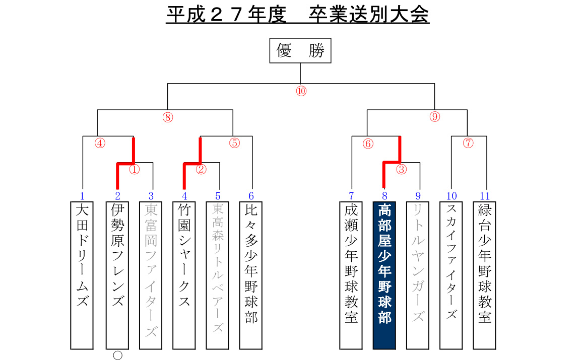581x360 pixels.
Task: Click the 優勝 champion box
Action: [300, 50]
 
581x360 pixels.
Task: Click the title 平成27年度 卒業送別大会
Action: [297, 15]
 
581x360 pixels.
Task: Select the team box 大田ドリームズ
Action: [82, 275]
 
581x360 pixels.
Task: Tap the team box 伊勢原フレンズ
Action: [117, 275]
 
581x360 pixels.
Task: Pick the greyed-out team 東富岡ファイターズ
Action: [151, 275]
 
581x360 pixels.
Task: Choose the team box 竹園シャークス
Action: [184, 275]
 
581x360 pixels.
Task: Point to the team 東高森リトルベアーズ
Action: [217, 275]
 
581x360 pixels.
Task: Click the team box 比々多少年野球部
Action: [250, 275]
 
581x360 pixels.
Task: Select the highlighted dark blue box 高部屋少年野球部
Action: [384, 275]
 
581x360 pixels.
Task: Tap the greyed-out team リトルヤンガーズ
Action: [418, 275]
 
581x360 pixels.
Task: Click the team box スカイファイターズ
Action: [451, 275]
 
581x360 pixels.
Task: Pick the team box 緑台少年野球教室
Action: [484, 275]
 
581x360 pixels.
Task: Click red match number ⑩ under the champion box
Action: [301, 91]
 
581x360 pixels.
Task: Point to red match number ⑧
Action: [168, 117]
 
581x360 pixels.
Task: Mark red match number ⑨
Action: [435, 117]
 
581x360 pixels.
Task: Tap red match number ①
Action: [134, 169]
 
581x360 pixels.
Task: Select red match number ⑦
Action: [469, 143]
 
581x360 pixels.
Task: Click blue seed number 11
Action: [485, 196]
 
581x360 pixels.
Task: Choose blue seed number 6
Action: [251, 196]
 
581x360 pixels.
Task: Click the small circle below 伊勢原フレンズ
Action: [117, 355]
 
